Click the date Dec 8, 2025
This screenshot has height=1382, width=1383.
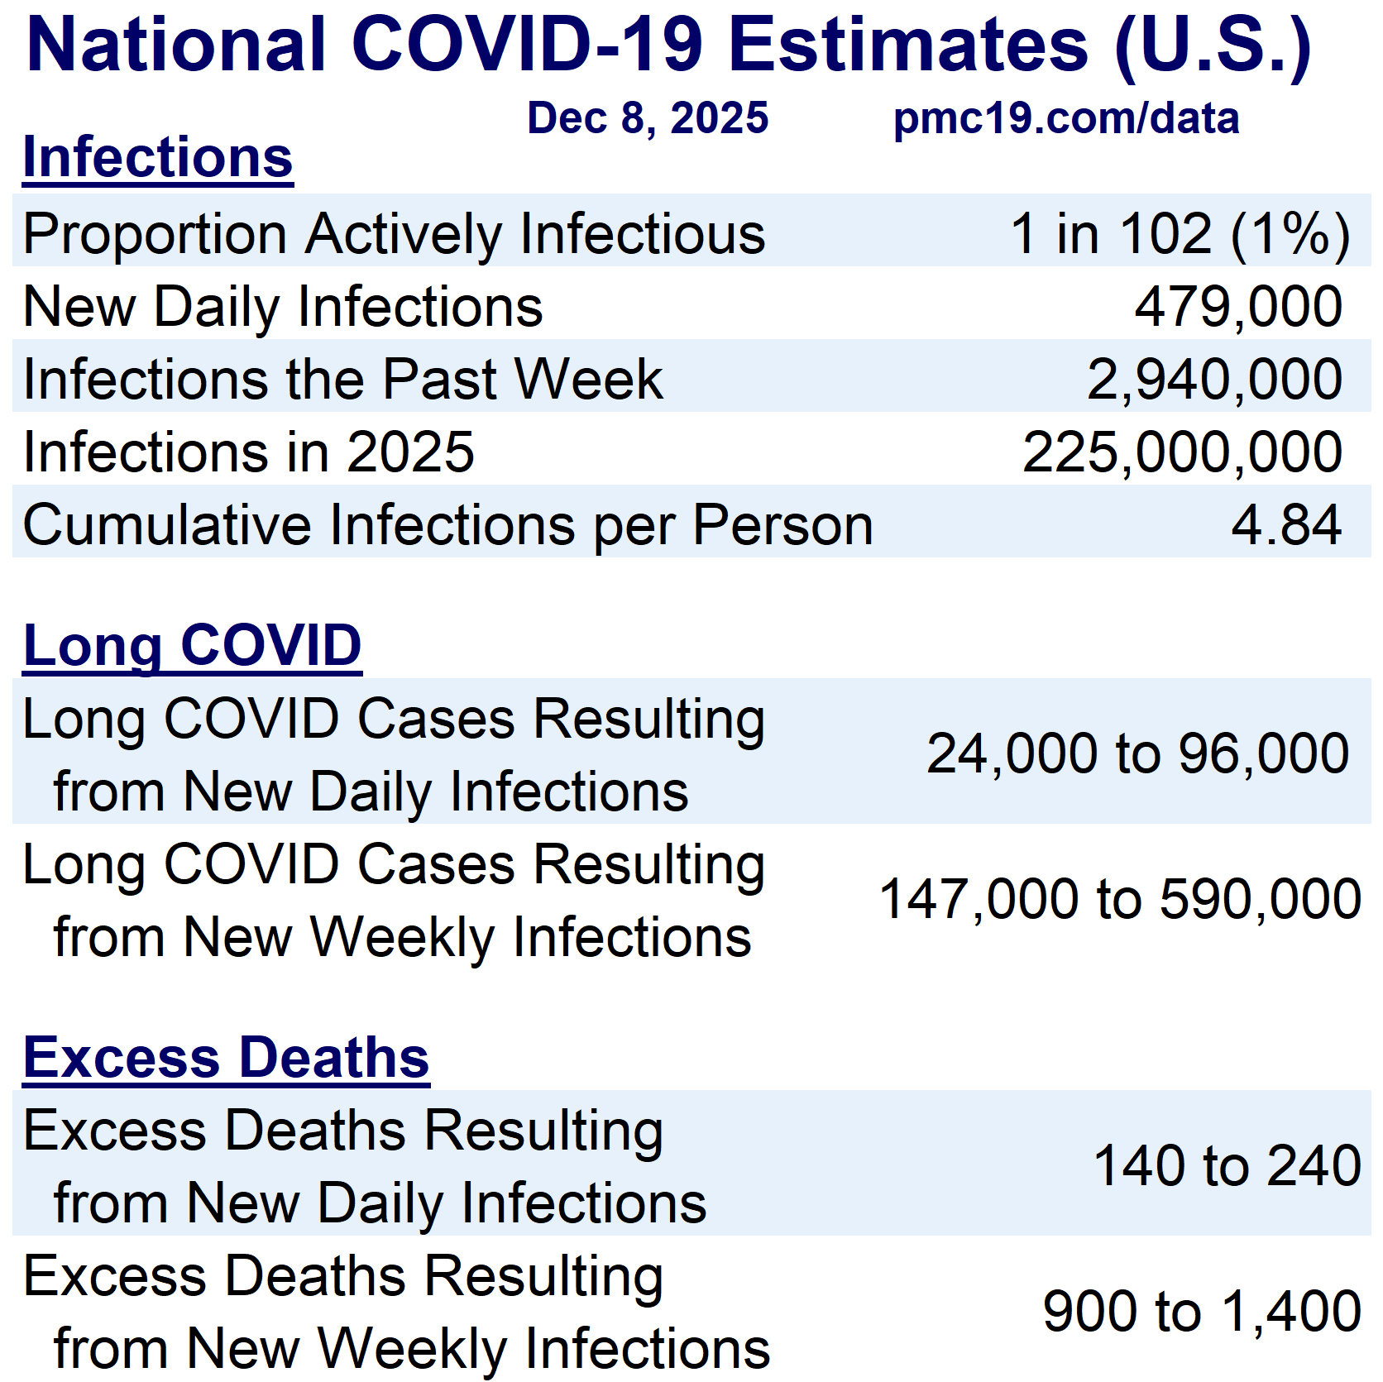[648, 118]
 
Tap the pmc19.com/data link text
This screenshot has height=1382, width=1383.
[1065, 118]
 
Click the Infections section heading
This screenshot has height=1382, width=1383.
[158, 157]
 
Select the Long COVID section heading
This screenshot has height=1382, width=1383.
[192, 645]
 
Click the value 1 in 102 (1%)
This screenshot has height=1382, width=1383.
[1180, 234]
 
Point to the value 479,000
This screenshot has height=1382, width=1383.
[1237, 307]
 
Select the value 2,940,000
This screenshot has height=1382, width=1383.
[1213, 380]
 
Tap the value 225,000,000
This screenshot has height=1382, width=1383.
[1181, 452]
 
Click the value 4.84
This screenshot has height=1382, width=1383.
[1285, 525]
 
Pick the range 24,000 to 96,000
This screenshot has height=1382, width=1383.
[1137, 753]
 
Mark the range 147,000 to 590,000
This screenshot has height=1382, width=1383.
[1119, 899]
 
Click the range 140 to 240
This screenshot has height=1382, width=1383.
[1227, 1165]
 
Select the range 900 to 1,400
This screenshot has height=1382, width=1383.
[1201, 1311]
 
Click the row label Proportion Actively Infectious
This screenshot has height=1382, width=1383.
[394, 234]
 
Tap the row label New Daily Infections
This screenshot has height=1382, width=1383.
[283, 307]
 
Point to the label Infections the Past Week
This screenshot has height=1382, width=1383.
[342, 380]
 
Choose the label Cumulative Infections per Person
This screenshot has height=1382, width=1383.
[447, 525]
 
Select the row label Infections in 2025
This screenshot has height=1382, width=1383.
[248, 452]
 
